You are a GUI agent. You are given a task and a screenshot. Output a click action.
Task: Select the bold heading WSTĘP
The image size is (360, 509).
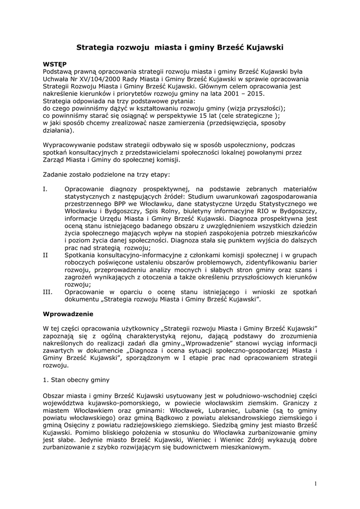coord(55,64)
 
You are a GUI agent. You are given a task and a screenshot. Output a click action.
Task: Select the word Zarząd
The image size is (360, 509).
coord(55,160)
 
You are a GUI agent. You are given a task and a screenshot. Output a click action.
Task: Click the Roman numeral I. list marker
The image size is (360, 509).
coord(45,189)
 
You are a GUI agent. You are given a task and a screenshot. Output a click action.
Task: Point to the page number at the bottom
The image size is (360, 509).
coord(315,484)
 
